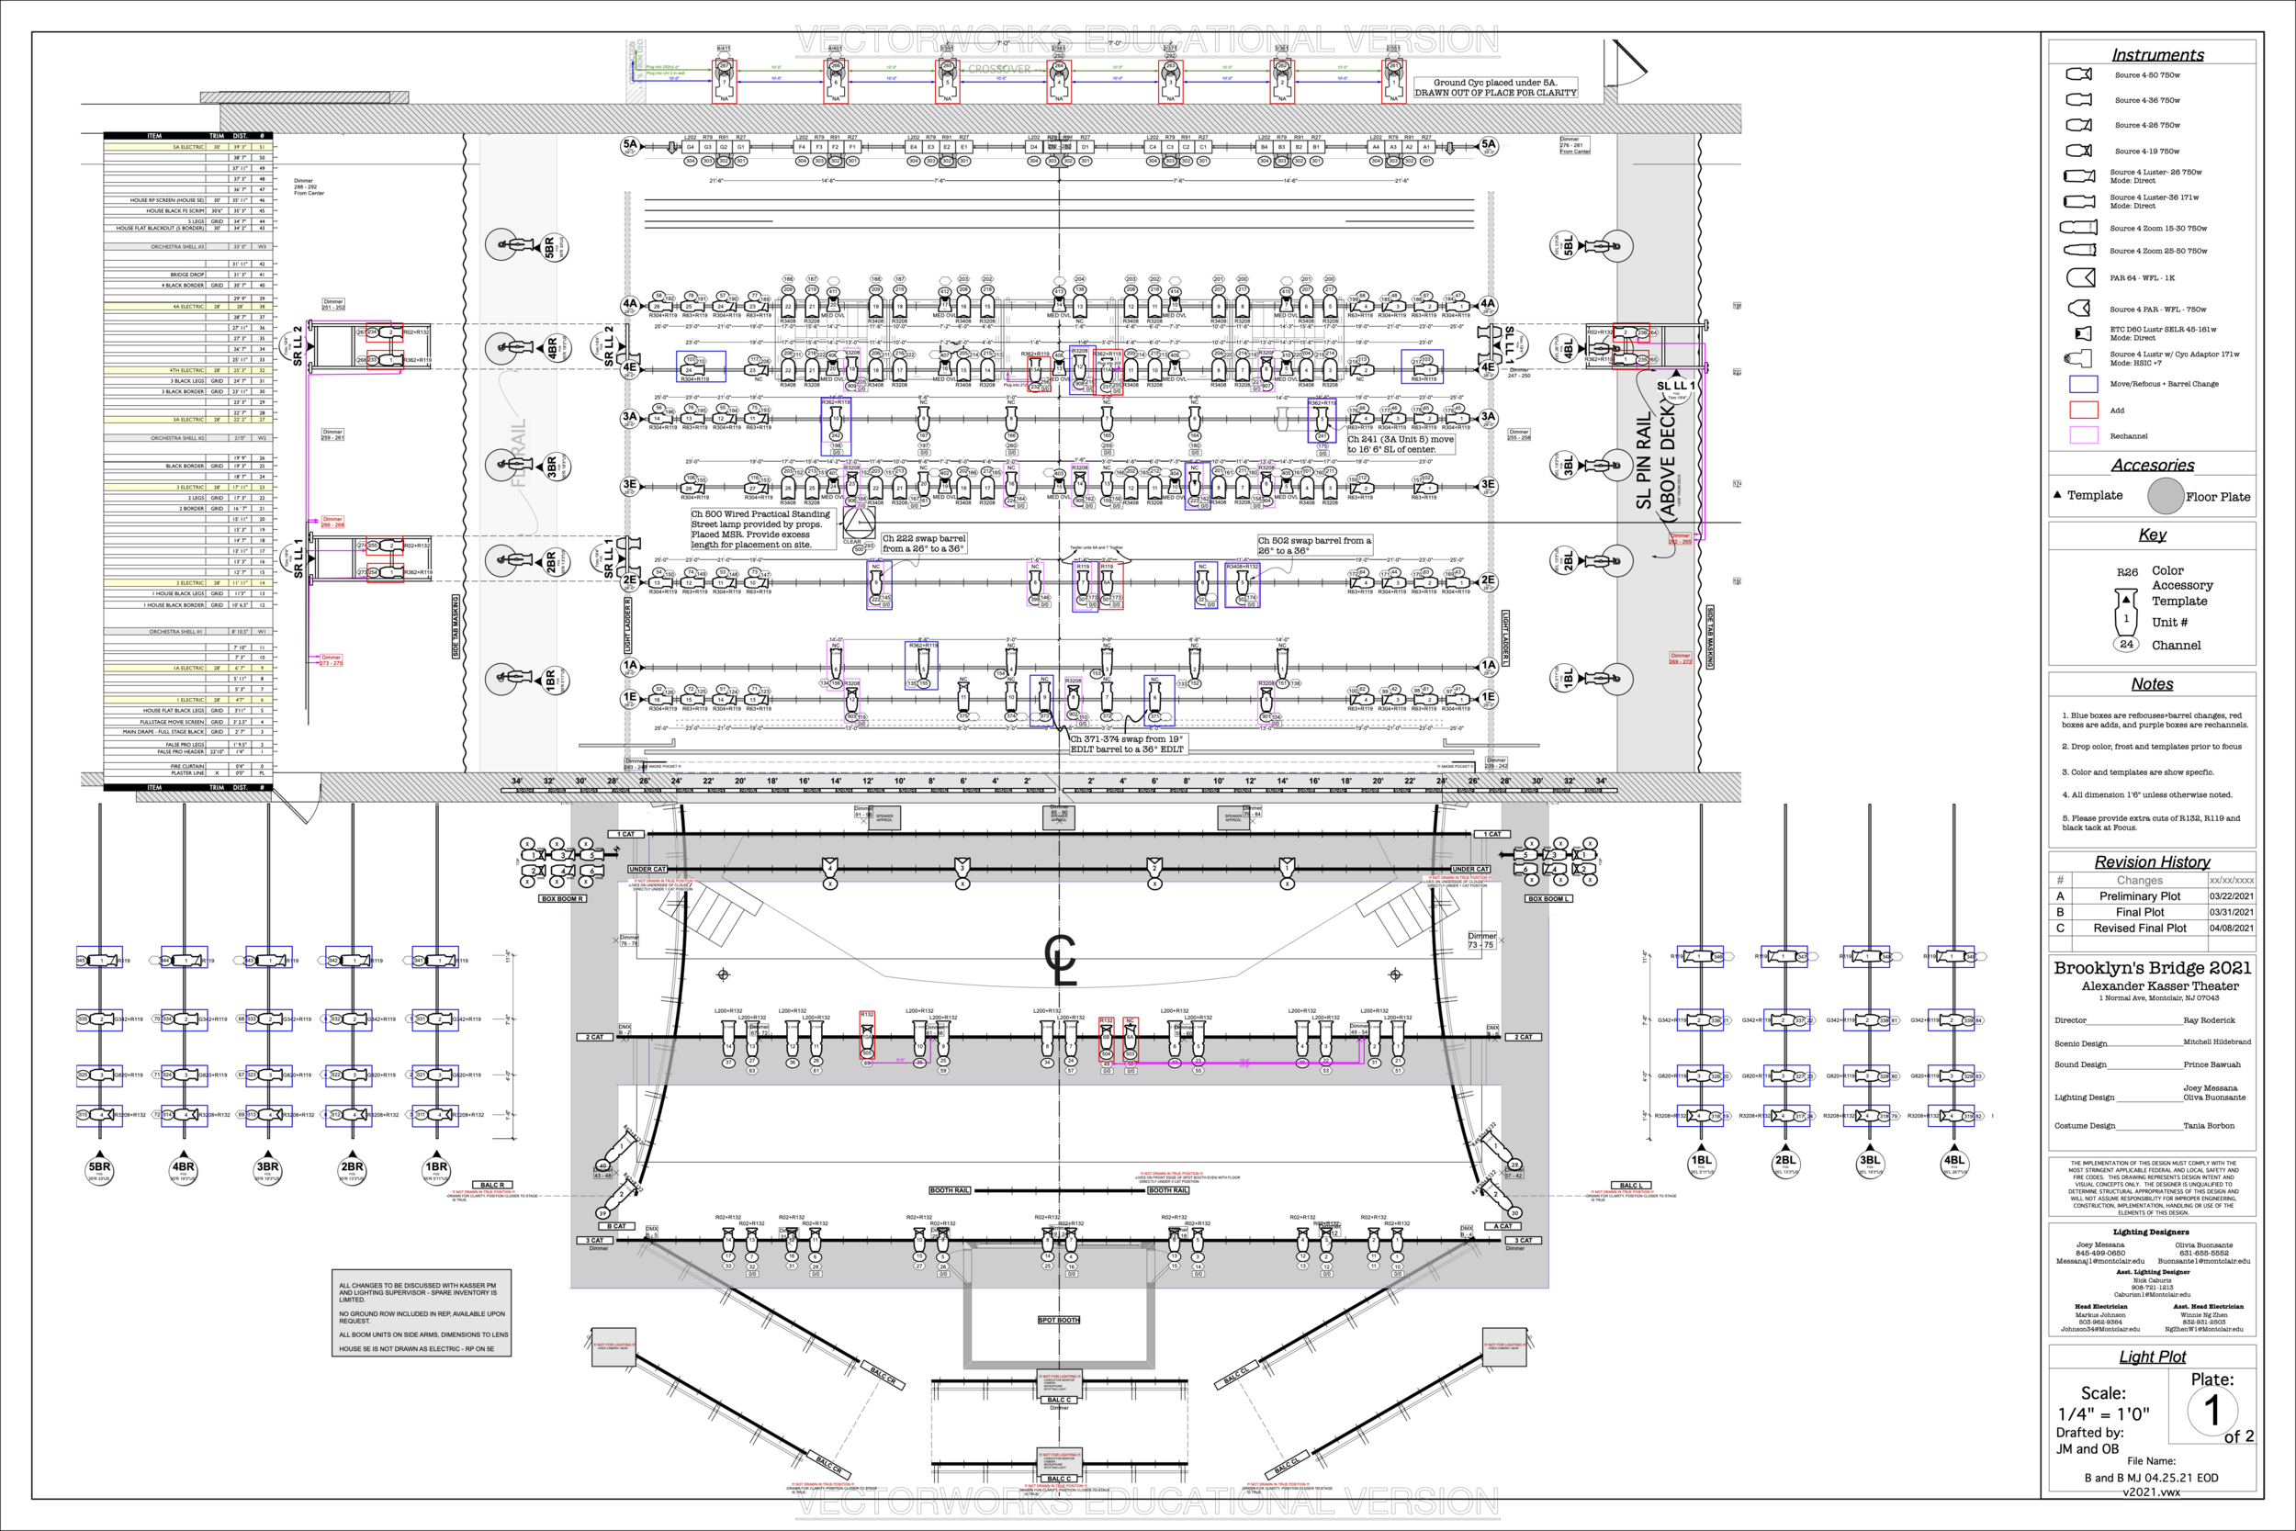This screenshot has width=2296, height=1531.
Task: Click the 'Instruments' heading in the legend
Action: tap(2157, 56)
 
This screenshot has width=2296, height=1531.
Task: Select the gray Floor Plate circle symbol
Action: tap(2166, 496)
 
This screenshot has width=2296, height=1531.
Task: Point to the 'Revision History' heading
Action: tap(2152, 862)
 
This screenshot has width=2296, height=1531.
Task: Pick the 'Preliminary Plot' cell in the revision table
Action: tap(2140, 896)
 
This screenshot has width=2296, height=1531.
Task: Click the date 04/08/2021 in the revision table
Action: tap(2232, 929)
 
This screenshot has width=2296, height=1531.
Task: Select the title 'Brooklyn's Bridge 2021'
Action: tap(2152, 968)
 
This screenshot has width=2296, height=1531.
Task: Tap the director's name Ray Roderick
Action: tap(2209, 1020)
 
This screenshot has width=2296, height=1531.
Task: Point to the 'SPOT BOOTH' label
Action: tap(1058, 1320)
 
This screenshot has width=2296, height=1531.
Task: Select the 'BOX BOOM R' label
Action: tap(562, 899)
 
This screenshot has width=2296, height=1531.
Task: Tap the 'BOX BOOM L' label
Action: tap(1548, 899)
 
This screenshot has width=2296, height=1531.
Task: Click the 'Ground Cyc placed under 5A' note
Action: tap(1494, 88)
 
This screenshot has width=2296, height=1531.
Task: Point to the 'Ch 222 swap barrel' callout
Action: tap(924, 543)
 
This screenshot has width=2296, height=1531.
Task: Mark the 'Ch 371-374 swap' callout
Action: tap(1128, 744)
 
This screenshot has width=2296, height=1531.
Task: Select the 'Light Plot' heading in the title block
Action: tap(2152, 1357)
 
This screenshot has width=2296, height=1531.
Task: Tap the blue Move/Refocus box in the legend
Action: tap(2083, 384)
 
